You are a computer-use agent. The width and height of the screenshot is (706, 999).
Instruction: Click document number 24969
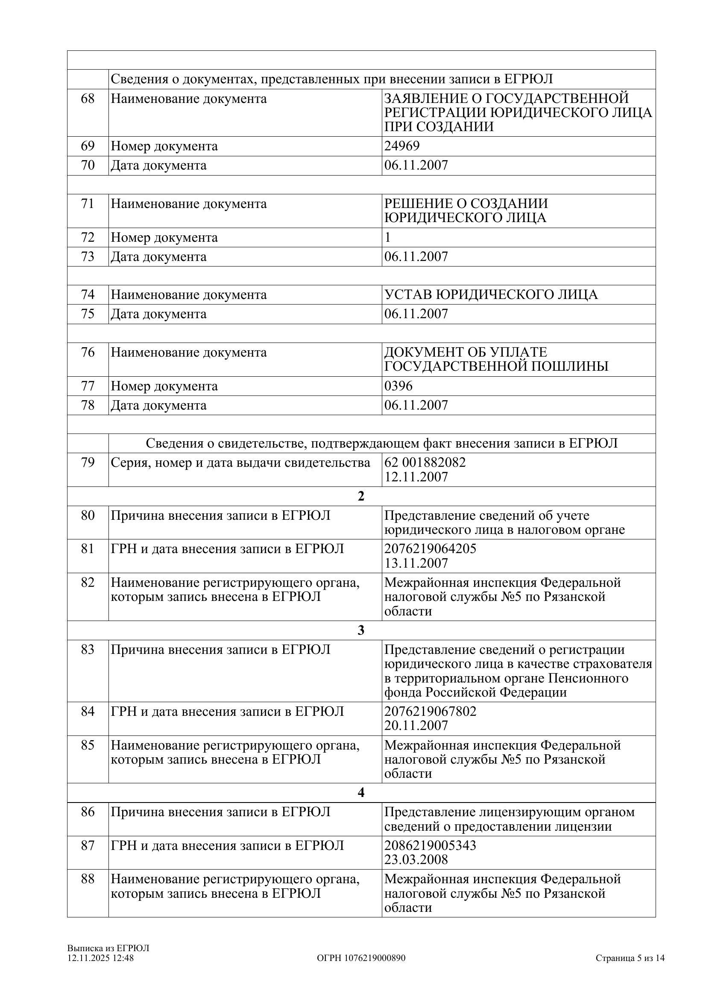[x=401, y=146]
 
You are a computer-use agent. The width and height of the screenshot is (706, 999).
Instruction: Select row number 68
[x=88, y=99]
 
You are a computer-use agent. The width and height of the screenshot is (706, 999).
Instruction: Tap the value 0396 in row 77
[x=398, y=386]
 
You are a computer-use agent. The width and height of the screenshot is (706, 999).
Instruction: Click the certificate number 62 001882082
[x=425, y=462]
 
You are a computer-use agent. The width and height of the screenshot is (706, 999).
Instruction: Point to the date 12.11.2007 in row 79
[x=416, y=477]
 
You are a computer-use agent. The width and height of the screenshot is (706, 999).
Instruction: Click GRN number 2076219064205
[x=430, y=548]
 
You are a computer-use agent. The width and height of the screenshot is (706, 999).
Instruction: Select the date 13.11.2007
[x=416, y=563]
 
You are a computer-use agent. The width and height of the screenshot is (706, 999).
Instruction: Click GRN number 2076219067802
[x=430, y=712]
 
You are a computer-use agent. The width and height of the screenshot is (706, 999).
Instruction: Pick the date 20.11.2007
[x=416, y=725]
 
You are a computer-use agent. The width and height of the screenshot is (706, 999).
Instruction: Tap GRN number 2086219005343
[x=430, y=845]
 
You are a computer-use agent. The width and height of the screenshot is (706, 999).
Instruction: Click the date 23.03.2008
[x=416, y=860]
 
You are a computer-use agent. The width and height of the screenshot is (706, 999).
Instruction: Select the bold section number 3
[x=360, y=630]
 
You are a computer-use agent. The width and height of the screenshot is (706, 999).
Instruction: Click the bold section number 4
[x=360, y=793]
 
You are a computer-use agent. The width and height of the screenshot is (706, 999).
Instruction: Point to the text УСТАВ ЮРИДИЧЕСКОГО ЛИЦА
[x=491, y=295]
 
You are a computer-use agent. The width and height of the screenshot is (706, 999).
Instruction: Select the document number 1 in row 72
[x=387, y=237]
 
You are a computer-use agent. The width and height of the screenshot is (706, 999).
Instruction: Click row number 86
[x=88, y=812]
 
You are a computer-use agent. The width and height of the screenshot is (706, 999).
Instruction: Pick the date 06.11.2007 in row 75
[x=416, y=314]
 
